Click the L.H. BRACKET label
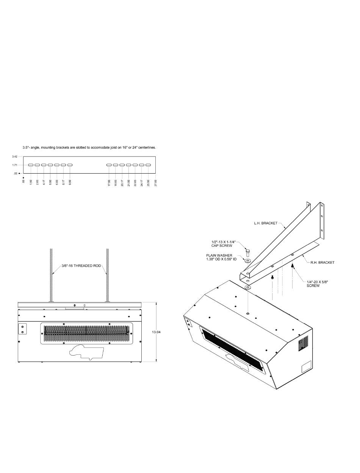point(266,223)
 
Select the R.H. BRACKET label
point(322,263)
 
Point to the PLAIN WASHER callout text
point(221,257)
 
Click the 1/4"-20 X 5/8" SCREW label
point(317,284)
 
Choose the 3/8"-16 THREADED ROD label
point(81,266)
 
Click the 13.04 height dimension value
point(156,332)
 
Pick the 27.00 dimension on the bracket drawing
point(155,183)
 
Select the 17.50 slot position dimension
point(109,183)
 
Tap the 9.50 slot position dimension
point(70,182)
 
